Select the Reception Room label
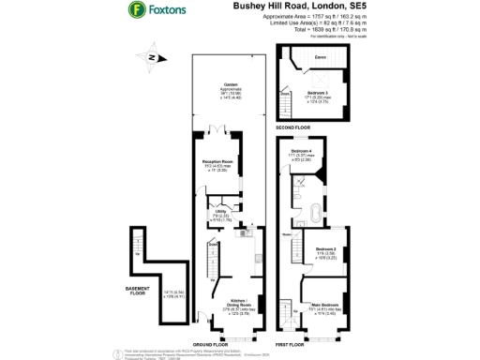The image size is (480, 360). (217, 161)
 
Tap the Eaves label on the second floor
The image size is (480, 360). (321, 58)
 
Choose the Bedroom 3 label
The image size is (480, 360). (321, 93)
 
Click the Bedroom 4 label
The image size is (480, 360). (301, 151)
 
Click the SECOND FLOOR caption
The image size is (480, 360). (292, 127)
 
